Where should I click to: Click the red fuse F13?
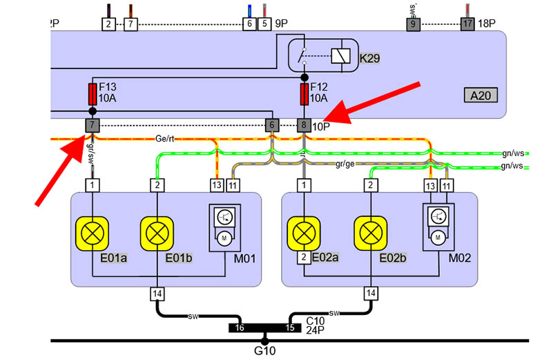[92, 92]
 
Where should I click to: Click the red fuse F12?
[304, 92]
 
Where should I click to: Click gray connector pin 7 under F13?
[92, 125]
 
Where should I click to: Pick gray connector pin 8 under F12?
[304, 125]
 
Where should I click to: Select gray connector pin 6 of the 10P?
[273, 125]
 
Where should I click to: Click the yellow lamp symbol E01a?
[93, 231]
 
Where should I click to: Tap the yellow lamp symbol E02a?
[304, 231]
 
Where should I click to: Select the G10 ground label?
[265, 350]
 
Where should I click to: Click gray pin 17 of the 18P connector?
[467, 23]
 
